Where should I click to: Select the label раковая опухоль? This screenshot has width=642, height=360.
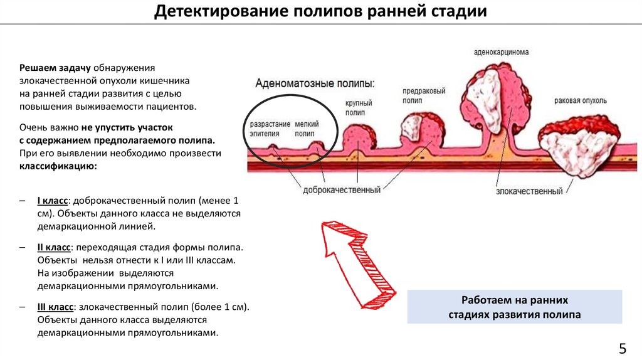580,101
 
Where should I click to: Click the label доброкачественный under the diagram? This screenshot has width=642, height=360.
341,189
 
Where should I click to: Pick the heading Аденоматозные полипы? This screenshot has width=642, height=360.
315,83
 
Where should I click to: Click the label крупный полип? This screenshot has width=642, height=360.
359,108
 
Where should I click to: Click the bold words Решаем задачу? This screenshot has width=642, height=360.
56,67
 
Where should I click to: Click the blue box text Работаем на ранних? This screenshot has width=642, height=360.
514,300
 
